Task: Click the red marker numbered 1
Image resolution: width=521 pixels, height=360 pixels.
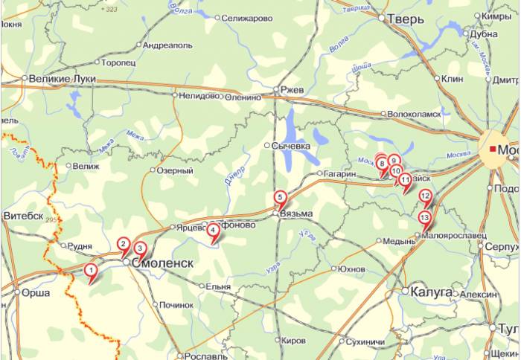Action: [90, 271]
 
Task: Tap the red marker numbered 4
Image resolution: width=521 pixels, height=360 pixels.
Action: [214, 231]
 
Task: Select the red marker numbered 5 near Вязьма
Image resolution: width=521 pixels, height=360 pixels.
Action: [280, 198]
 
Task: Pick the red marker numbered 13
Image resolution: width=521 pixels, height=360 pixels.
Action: [424, 218]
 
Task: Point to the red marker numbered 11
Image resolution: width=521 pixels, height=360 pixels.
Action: [405, 179]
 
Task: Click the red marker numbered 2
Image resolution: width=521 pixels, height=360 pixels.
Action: [124, 244]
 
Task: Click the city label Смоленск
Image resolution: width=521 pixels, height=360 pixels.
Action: [163, 263]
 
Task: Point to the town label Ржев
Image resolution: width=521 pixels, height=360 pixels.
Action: [293, 89]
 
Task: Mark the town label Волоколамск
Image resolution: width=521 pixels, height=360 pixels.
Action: [415, 114]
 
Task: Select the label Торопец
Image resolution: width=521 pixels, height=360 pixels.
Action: [118, 63]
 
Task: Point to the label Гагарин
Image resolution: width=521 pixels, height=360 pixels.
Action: [339, 173]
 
